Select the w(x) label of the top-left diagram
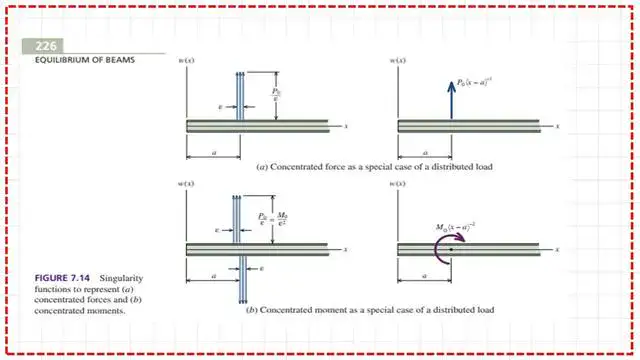point(186,61)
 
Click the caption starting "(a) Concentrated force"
point(374,166)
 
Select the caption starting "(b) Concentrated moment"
point(370,310)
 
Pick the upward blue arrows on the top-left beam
point(239,95)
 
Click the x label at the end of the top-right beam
point(558,125)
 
